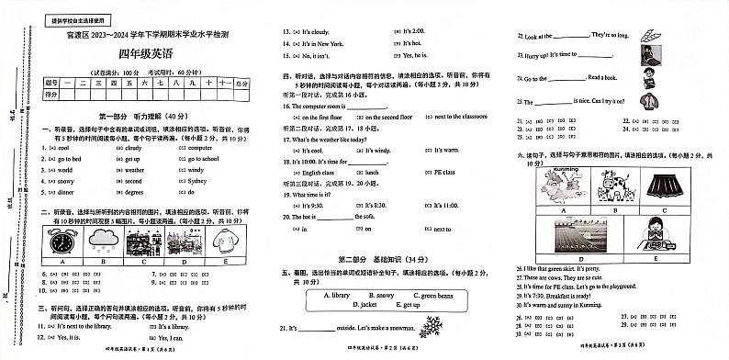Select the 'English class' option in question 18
click(320, 172)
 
